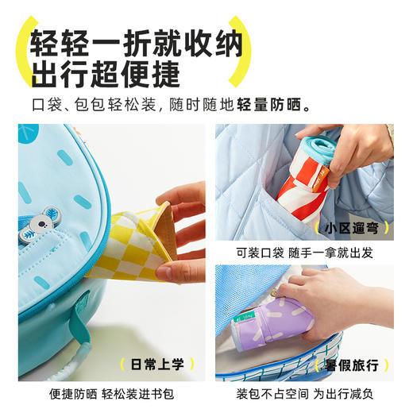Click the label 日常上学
[156, 365]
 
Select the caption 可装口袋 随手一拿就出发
[305, 253]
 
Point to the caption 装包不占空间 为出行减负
[305, 392]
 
